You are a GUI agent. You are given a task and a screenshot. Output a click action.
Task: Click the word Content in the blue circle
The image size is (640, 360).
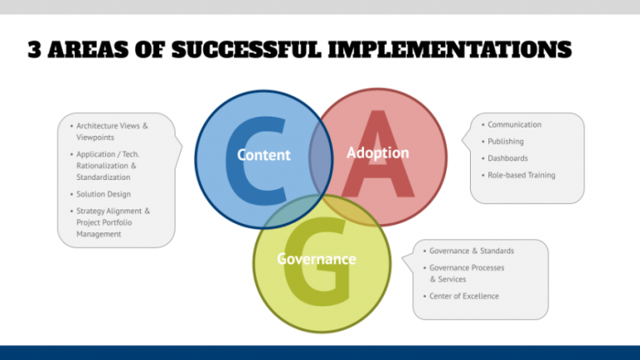pyautogui.click(x=263, y=155)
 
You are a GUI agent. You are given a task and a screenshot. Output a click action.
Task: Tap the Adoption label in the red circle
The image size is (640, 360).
pyautogui.click(x=377, y=152)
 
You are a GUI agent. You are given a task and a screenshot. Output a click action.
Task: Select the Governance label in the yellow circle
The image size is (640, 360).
pyautogui.click(x=316, y=259)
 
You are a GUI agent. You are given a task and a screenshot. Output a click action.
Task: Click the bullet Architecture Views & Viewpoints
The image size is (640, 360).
pyautogui.click(x=111, y=132)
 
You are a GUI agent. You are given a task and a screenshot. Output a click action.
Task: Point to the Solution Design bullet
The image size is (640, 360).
pyautogui.click(x=103, y=194)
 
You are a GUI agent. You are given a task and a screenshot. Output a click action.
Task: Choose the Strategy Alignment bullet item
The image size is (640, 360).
pyautogui.click(x=112, y=222)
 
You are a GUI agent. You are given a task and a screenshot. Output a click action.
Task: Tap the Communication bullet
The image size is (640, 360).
pyautogui.click(x=514, y=125)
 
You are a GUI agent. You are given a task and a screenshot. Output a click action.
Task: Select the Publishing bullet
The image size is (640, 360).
pyautogui.click(x=506, y=142)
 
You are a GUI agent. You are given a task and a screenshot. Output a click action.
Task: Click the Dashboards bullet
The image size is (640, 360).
pyautogui.click(x=507, y=158)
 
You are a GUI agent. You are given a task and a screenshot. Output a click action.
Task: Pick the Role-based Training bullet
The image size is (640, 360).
pyautogui.click(x=522, y=175)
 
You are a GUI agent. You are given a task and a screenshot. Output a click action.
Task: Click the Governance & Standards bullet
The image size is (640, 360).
pyautogui.click(x=471, y=251)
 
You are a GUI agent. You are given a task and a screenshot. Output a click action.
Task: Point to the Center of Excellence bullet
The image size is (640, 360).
pyautogui.click(x=463, y=296)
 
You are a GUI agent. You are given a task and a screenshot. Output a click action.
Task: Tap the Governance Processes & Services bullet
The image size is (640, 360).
pyautogui.click(x=467, y=273)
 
